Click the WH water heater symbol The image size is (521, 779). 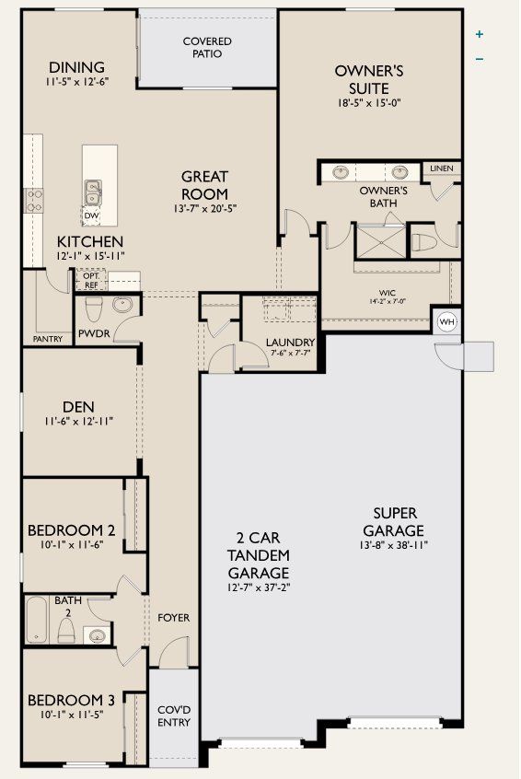click(447, 321)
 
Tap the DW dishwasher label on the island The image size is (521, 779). click(91, 216)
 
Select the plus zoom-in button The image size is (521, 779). click(480, 35)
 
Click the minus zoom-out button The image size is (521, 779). click(480, 60)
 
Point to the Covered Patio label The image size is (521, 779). click(207, 47)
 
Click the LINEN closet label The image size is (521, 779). click(441, 169)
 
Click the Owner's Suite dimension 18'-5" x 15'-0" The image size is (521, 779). click(369, 104)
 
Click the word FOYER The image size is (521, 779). click(173, 618)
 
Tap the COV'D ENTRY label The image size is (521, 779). click(173, 715)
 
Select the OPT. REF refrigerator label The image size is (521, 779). click(91, 280)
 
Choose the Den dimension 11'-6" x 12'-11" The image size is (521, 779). click(79, 422)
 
